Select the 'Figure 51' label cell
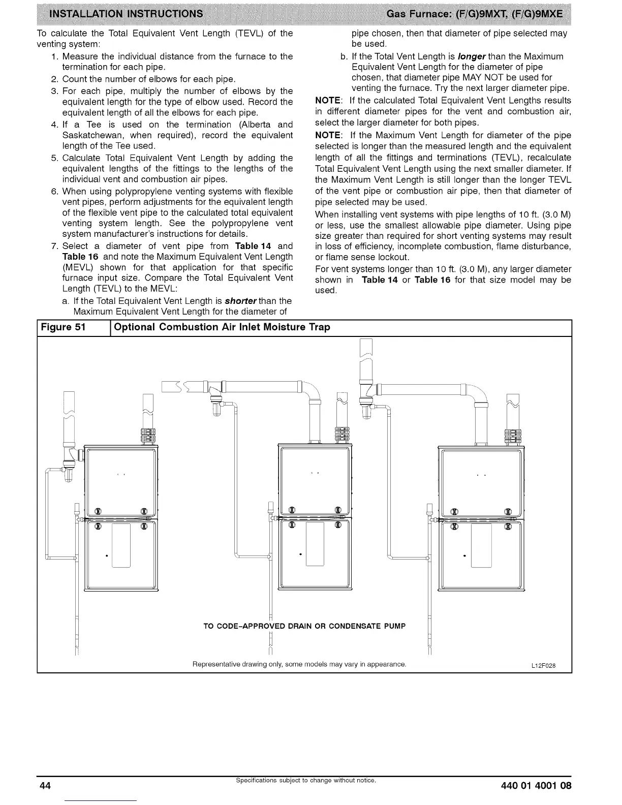[63, 327]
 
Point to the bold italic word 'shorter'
[241, 301]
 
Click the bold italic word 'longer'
[471, 56]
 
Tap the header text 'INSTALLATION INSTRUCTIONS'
[126, 14]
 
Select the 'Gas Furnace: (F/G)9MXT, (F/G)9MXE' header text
[475, 14]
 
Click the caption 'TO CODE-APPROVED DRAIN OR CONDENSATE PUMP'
[304, 626]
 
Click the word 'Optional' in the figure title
[135, 327]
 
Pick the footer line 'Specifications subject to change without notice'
[305, 780]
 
